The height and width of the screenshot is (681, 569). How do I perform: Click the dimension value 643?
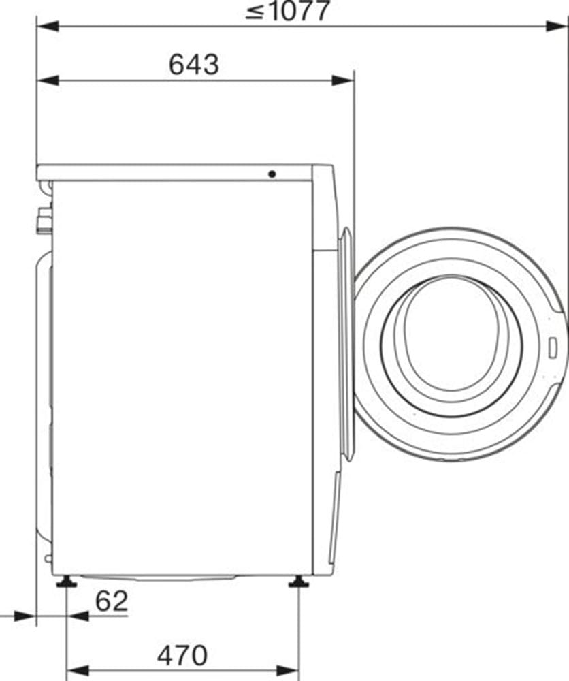(194, 65)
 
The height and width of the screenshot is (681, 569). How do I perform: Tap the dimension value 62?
(112, 601)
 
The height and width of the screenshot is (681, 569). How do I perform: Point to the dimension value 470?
(182, 655)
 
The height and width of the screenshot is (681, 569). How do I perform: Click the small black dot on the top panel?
(272, 174)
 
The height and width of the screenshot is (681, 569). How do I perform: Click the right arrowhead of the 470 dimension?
(289, 671)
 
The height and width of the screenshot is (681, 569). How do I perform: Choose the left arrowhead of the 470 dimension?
(76, 671)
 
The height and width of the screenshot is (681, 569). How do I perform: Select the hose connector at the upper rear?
(44, 219)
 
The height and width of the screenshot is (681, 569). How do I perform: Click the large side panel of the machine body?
(180, 375)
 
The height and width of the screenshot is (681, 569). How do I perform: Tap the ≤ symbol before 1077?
(255, 12)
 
